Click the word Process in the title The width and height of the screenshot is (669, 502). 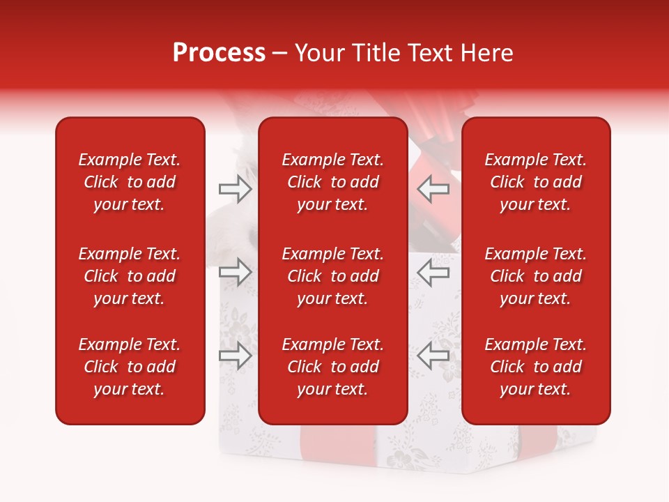coord(219,53)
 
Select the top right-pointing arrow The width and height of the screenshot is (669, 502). coord(235,189)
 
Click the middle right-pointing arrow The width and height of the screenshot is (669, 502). coord(235,273)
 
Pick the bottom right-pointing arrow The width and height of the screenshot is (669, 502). coord(235,356)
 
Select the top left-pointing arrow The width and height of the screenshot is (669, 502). coord(433,189)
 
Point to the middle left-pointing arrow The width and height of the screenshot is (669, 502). coord(433,273)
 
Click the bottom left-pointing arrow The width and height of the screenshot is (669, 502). coord(433,356)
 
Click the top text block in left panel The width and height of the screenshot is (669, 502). coord(130,182)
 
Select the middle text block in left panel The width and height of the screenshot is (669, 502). coord(130,276)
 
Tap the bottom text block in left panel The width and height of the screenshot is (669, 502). coord(130,367)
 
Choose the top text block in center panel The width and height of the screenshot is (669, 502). coord(332,182)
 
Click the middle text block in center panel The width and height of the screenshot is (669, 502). coord(332,276)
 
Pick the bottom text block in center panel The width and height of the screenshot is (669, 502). coord(332,367)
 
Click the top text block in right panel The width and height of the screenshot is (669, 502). coord(535,182)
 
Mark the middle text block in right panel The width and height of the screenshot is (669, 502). coord(535,276)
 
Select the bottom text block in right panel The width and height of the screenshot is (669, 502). coord(535,367)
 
